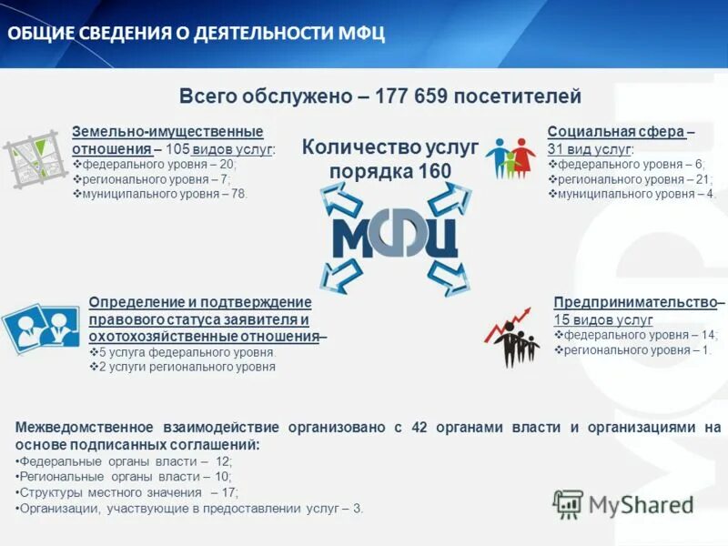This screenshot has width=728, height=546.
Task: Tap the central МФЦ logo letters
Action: [394, 235]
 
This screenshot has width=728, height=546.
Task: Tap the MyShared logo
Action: [623, 503]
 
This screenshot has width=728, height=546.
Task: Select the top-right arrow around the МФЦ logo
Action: [447, 197]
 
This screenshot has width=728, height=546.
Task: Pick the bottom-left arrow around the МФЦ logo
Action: [340, 276]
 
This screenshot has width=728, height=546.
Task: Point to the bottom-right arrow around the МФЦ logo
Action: [449, 276]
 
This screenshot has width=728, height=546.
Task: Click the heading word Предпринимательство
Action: [635, 302]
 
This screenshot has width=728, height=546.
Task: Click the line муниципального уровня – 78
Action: [165, 194]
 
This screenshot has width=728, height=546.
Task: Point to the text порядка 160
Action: [389, 172]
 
